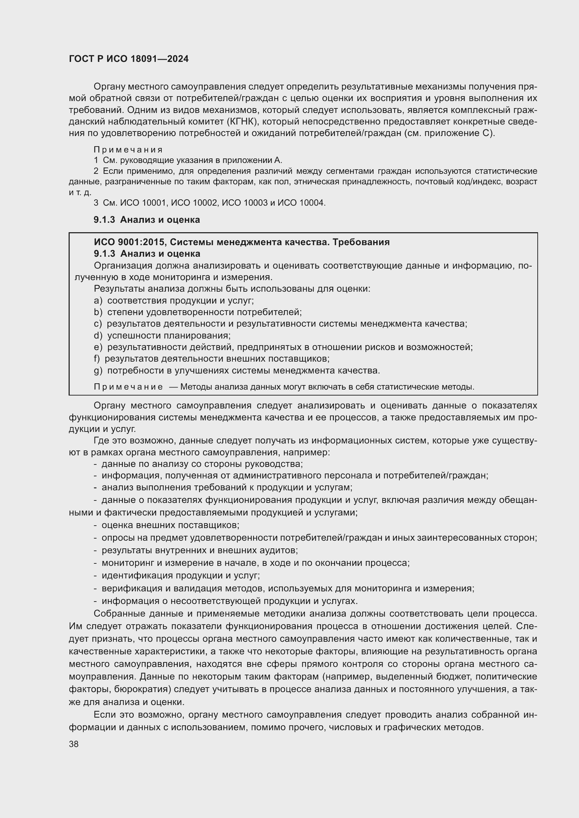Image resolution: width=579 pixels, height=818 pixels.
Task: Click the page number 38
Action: tap(74, 744)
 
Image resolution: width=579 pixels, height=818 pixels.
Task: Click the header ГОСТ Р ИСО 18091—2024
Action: tap(129, 59)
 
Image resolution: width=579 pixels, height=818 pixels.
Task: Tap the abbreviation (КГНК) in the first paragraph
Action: tap(241, 121)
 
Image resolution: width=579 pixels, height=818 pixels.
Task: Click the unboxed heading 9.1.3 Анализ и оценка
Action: tap(147, 220)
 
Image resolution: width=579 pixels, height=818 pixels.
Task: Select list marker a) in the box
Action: tap(98, 301)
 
